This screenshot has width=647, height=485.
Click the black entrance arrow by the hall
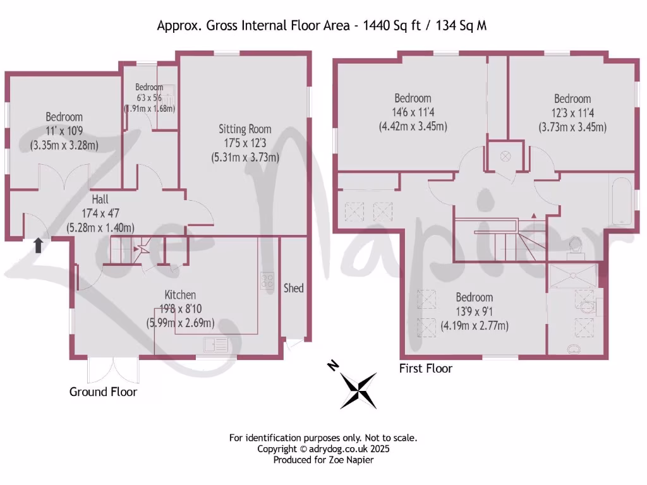(x=39, y=245)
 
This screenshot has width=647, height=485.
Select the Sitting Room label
(x=245, y=129)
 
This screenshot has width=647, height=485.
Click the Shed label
(x=293, y=288)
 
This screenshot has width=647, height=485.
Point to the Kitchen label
(x=180, y=294)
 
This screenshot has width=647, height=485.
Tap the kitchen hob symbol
(x=267, y=280)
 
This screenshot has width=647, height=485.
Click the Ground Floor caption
(x=103, y=392)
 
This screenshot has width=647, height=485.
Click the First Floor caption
(x=426, y=368)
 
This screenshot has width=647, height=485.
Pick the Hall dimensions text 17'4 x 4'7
(x=100, y=213)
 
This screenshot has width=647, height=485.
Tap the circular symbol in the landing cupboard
(x=505, y=156)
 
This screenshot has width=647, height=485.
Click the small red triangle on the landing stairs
(x=534, y=216)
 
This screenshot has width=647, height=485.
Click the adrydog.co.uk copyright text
(x=323, y=448)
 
